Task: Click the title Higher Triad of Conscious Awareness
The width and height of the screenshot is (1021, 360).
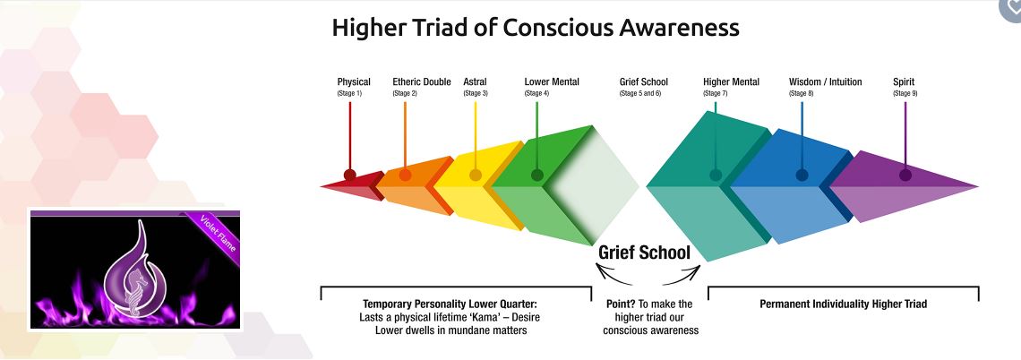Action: click(x=535, y=28)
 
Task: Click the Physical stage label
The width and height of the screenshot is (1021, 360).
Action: click(x=354, y=82)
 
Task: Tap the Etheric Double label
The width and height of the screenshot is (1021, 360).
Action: click(x=422, y=82)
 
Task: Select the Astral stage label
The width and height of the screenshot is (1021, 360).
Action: click(x=475, y=82)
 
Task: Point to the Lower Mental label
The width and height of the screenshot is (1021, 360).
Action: click(x=552, y=82)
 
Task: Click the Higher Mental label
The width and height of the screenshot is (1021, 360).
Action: click(x=731, y=82)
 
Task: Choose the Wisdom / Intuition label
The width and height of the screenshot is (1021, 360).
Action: click(x=825, y=82)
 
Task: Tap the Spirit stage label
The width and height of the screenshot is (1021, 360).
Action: click(x=904, y=82)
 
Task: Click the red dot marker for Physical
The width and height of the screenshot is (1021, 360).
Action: click(x=349, y=175)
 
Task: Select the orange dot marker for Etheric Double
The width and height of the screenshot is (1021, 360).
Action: click(x=405, y=175)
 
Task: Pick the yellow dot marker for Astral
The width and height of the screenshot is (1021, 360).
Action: click(x=476, y=175)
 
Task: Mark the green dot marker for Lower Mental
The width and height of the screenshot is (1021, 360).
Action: click(x=536, y=176)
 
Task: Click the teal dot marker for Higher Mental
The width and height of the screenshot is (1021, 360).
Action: click(x=716, y=176)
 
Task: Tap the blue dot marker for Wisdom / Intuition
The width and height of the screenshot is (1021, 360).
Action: click(x=802, y=176)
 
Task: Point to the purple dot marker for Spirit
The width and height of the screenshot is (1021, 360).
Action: click(x=905, y=176)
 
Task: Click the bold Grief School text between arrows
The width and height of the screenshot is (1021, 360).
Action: click(x=650, y=253)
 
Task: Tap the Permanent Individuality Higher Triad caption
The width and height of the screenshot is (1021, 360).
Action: click(x=843, y=304)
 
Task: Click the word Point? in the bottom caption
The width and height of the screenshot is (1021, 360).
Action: click(x=622, y=304)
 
